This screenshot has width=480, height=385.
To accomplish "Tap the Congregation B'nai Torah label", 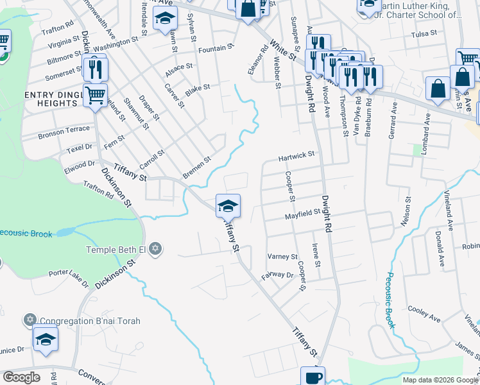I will (x=90, y=320).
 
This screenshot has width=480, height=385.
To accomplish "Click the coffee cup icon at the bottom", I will (x=313, y=377).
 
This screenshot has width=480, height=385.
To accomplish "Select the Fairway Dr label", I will (x=277, y=275).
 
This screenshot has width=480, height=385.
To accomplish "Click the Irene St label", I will (x=315, y=255).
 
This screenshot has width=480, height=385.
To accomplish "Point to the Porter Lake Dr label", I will (x=69, y=275).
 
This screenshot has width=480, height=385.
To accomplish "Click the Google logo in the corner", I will (x=21, y=377).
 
